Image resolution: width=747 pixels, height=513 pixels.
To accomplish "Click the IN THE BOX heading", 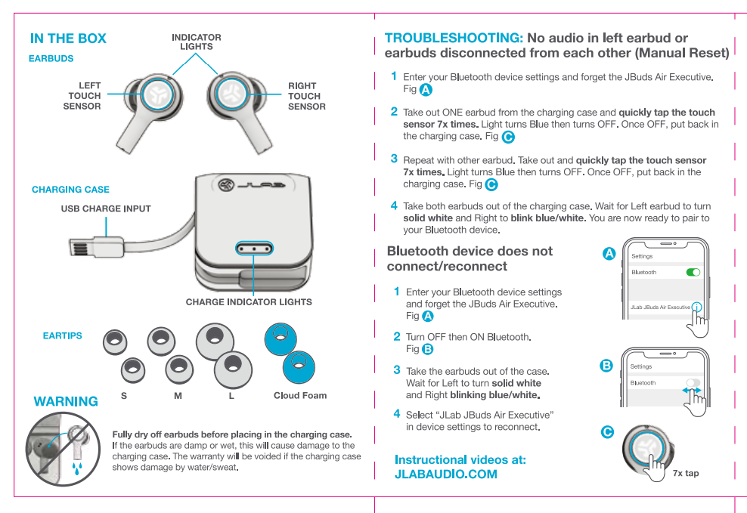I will coord(68,39).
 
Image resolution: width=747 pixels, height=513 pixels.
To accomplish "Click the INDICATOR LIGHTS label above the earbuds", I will coord(196,42).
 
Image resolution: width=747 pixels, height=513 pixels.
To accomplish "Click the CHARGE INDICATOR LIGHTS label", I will coord(249,302).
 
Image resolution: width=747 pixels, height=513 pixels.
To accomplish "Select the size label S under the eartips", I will coord(123,396).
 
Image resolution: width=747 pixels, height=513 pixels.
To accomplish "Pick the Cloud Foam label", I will coord(299,396).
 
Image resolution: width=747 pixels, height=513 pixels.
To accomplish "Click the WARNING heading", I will coord(66,402).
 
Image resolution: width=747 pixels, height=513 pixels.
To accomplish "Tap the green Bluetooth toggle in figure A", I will coord(692,272).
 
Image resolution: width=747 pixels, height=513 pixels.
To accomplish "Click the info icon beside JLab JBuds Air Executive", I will coord(696,307).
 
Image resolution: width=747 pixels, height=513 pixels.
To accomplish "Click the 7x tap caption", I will coord(685,474).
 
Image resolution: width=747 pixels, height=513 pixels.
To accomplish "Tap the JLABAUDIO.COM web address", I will coord(446,474).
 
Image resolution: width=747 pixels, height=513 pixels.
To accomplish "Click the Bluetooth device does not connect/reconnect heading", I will coord(469,258).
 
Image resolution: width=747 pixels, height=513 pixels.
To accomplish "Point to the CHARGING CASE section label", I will coord(70,190).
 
